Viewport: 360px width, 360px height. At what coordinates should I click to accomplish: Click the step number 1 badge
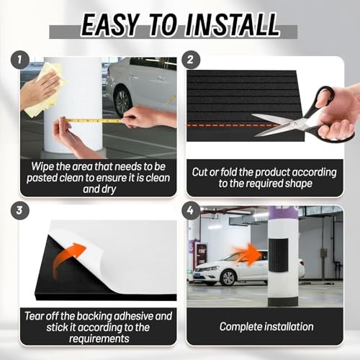click(20, 60)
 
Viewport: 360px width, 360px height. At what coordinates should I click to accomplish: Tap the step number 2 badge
click(191, 60)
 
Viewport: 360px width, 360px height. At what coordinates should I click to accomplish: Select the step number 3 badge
click(20, 210)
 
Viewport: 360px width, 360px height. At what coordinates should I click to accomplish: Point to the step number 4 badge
click(191, 210)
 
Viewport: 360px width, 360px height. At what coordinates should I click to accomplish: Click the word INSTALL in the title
click(233, 25)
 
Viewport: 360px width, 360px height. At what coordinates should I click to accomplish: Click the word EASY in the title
click(110, 25)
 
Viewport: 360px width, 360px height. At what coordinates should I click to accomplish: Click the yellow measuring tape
click(92, 120)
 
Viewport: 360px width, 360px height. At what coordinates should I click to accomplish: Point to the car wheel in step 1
click(123, 102)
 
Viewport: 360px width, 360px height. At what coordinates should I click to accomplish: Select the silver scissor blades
click(279, 125)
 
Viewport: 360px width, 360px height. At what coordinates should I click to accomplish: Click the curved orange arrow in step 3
click(66, 259)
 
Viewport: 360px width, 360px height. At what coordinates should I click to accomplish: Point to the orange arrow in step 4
click(248, 254)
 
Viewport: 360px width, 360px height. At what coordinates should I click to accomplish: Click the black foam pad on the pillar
click(279, 255)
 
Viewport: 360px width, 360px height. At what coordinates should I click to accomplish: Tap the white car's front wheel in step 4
click(228, 278)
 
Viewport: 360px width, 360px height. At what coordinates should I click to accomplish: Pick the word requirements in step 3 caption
click(99, 338)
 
